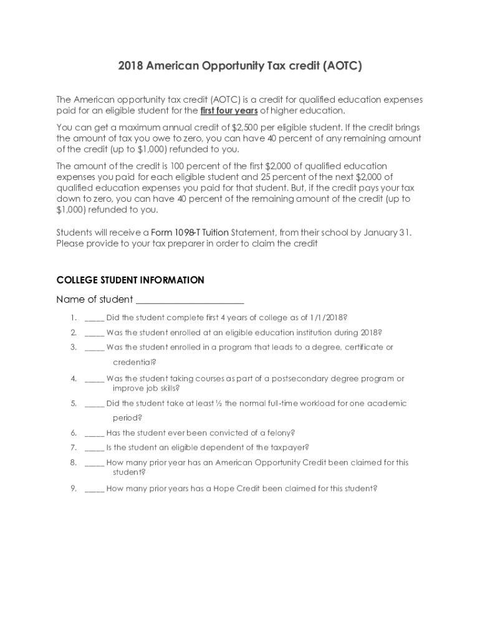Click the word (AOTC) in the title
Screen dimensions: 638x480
[x=340, y=66]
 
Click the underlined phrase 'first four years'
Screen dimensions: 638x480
[x=229, y=110]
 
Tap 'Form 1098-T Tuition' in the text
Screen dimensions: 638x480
[x=190, y=232]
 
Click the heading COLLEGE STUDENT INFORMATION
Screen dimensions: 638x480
[x=130, y=280]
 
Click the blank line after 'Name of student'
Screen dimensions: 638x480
[x=190, y=300]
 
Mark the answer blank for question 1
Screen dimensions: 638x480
[x=94, y=318]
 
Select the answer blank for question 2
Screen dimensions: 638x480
[x=94, y=333]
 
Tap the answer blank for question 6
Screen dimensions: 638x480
[x=94, y=432]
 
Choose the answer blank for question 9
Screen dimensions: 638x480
[x=94, y=488]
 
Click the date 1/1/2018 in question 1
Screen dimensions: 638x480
[x=327, y=317]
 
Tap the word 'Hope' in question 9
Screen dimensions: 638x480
[x=232, y=488]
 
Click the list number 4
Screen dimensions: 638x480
[x=74, y=378]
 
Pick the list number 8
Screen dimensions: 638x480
[x=74, y=462]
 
